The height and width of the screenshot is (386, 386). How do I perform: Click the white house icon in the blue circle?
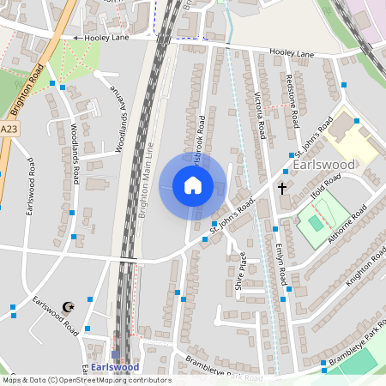click(x=193, y=185)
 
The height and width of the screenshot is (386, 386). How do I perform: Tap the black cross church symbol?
click(x=282, y=187)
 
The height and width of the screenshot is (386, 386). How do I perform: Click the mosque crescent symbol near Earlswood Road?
click(x=69, y=306)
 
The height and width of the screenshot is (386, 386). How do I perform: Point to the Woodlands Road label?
click(x=75, y=154)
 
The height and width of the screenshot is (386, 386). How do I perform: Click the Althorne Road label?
click(x=346, y=226)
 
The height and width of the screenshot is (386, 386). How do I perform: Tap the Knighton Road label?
click(x=366, y=270)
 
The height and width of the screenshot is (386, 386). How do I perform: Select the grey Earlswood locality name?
click(x=323, y=164)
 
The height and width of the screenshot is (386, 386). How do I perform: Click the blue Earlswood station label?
click(x=115, y=367)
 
